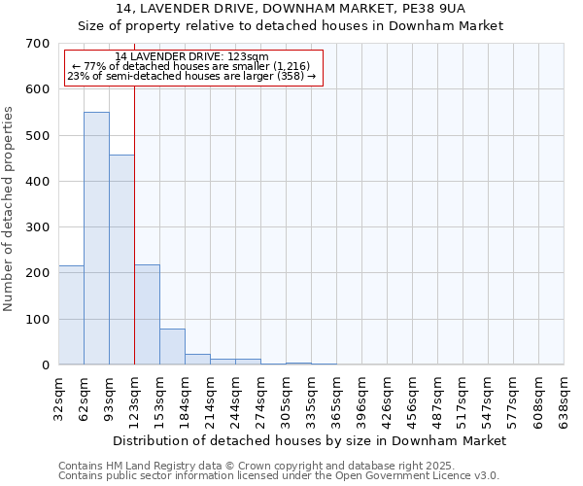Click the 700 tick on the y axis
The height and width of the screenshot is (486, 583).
[x=38, y=44]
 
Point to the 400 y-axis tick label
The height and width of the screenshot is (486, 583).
[x=38, y=182]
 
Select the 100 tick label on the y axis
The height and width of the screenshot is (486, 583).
[x=38, y=320]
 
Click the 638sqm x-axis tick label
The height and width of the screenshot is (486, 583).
[x=565, y=397]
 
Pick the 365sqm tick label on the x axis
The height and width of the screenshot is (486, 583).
[x=337, y=397]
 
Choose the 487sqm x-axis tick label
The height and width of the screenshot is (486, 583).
[x=438, y=397]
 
